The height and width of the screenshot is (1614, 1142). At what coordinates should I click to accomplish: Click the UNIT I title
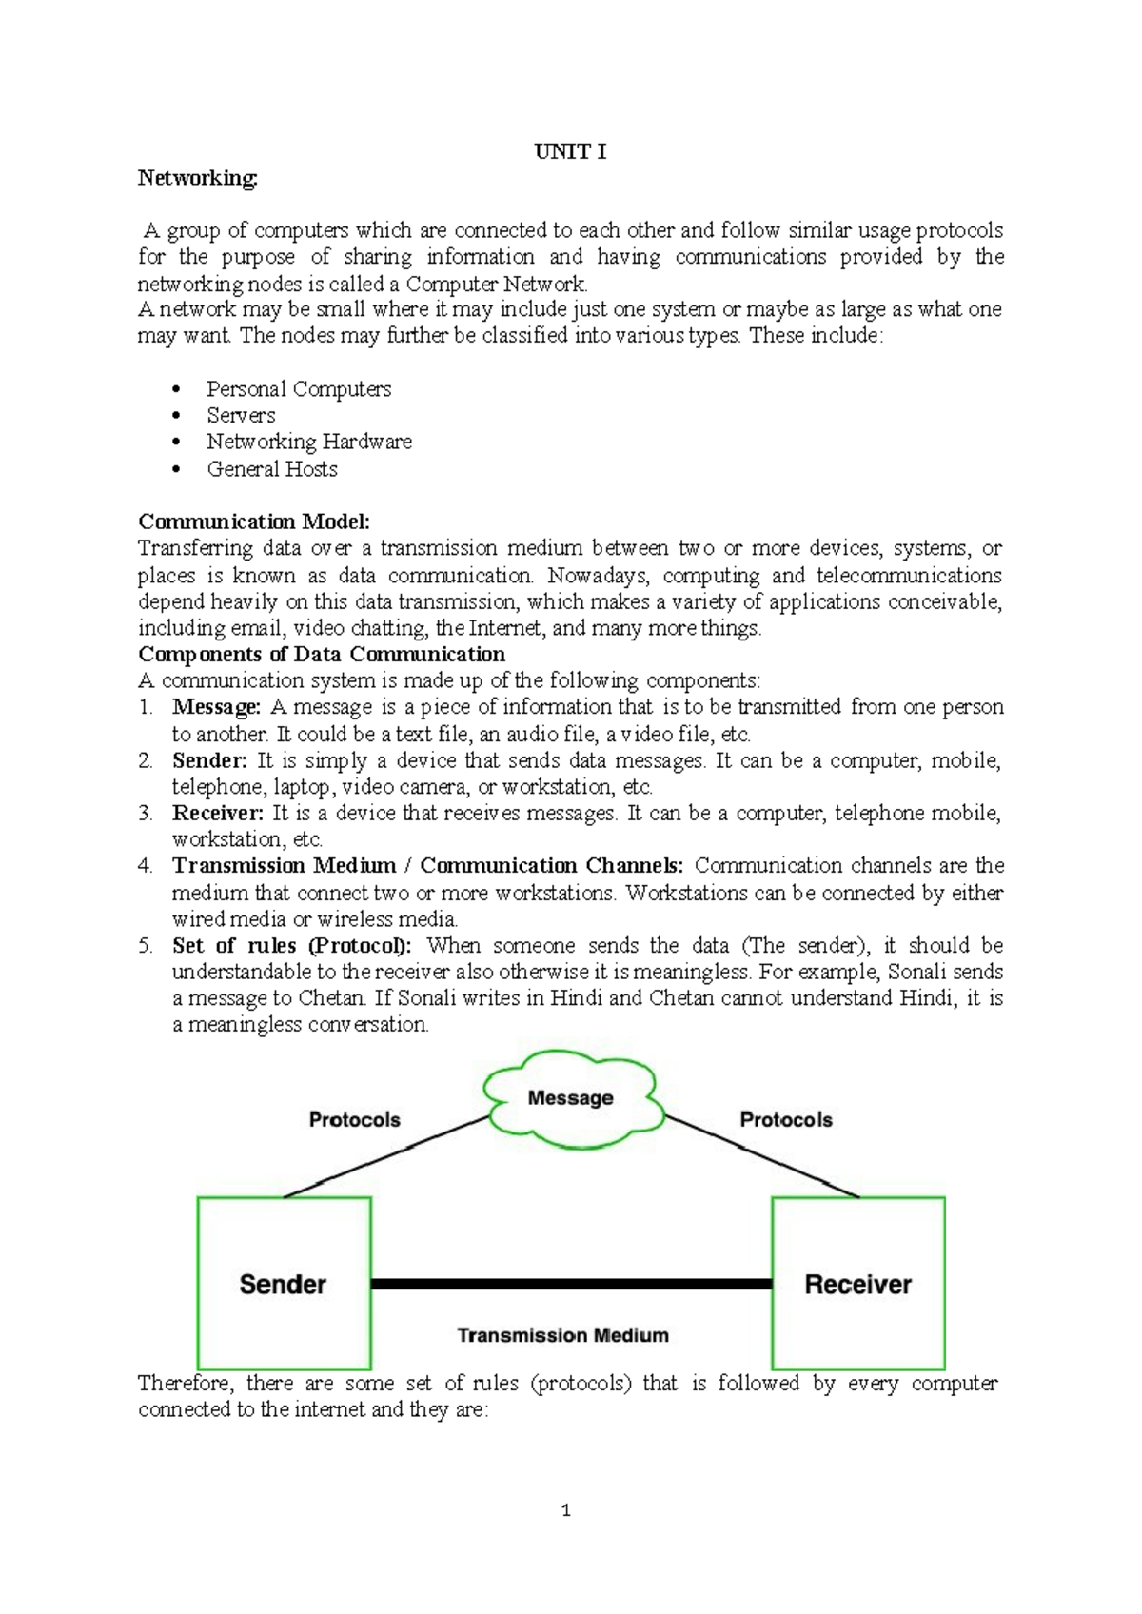[570, 152]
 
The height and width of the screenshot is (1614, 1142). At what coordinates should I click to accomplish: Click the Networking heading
[197, 178]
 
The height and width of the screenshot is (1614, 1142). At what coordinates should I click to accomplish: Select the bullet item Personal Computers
[299, 389]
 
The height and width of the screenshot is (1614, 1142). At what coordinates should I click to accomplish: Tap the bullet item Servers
[241, 416]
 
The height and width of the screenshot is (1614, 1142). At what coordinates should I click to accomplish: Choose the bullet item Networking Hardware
[309, 442]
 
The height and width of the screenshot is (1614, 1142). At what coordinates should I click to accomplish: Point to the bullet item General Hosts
[272, 469]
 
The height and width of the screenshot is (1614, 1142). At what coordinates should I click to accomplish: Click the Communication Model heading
[253, 522]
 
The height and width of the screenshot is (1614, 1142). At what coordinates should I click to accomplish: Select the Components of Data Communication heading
[322, 655]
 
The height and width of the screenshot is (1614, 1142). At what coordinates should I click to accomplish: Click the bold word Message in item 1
[216, 707]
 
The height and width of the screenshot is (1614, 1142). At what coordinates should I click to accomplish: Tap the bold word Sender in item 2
[209, 760]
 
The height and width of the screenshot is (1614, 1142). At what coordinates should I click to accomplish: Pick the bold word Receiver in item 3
[218, 814]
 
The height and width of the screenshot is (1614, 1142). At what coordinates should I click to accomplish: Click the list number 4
[145, 866]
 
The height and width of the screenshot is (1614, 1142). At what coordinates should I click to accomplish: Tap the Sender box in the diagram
[284, 1284]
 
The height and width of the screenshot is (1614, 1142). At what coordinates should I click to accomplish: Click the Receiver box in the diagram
[857, 1284]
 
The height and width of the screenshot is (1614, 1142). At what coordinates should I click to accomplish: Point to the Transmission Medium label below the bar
[562, 1335]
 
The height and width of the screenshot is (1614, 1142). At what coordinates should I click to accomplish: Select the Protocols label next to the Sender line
[354, 1120]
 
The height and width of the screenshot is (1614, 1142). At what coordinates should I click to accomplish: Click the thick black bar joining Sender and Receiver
[571, 1284]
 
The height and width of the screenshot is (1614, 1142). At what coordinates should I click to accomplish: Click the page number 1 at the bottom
[566, 1510]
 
